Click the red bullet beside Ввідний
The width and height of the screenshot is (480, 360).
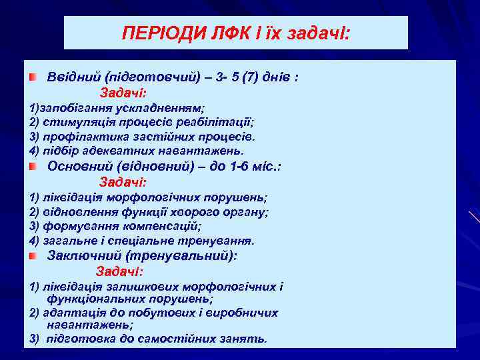click(33, 77)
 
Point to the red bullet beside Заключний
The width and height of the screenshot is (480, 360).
click(33, 256)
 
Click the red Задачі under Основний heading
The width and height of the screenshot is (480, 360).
click(123, 182)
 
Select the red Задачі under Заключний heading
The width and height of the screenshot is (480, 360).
click(119, 271)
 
